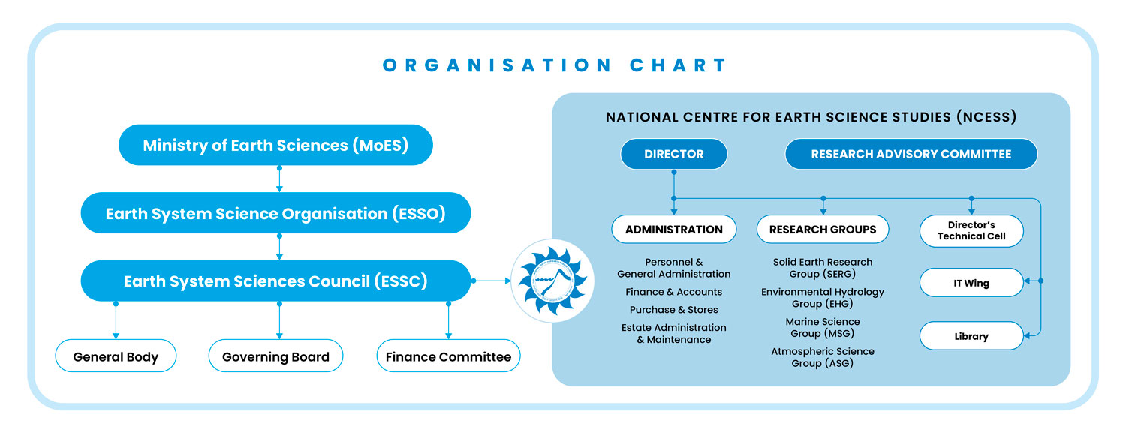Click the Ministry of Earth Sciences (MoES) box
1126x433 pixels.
[x=275, y=145]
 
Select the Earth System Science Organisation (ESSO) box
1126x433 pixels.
[x=275, y=213]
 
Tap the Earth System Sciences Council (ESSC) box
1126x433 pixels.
[x=275, y=281]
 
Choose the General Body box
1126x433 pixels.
[x=116, y=356]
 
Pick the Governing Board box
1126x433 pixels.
[x=275, y=356]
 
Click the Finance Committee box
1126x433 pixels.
[x=448, y=356]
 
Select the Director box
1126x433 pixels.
[x=673, y=154]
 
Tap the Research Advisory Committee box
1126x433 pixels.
[x=911, y=154]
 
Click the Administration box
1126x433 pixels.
[x=673, y=230]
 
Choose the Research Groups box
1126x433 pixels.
[x=823, y=230]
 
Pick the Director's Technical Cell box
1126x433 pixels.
[x=971, y=230]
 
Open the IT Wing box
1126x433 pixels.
[x=971, y=283]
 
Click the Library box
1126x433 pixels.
[x=971, y=336]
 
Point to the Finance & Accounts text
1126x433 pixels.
[x=673, y=292]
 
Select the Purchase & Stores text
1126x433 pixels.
[x=673, y=310]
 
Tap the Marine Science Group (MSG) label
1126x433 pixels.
[x=823, y=327]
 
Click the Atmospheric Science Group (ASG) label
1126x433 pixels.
[x=823, y=357]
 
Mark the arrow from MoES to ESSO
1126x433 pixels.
[x=279, y=179]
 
